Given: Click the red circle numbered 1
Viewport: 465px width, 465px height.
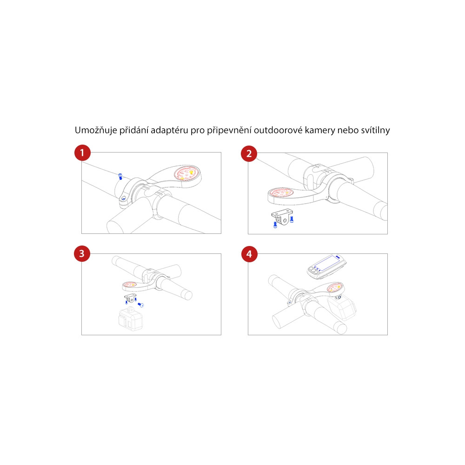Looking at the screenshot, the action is pyautogui.click(x=82, y=153).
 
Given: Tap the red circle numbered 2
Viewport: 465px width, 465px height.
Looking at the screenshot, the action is pyautogui.click(x=249, y=153).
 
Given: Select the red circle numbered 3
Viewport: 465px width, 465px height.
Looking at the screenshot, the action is pyautogui.click(x=82, y=253).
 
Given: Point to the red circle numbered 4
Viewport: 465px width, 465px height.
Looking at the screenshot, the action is pyautogui.click(x=249, y=254).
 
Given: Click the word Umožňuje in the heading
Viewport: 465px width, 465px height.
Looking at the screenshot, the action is pyautogui.click(x=96, y=130).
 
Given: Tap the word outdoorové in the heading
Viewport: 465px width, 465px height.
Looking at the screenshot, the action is pyautogui.click(x=278, y=130).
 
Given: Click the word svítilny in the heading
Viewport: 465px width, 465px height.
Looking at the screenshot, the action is pyautogui.click(x=375, y=130).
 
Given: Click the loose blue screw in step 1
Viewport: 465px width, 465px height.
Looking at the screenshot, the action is pyautogui.click(x=120, y=176).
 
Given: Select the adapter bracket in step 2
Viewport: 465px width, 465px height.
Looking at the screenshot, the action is pyautogui.click(x=282, y=217).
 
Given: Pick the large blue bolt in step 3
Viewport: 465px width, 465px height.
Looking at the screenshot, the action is pyautogui.click(x=140, y=305).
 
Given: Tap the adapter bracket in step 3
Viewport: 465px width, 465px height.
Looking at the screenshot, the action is pyautogui.click(x=130, y=298).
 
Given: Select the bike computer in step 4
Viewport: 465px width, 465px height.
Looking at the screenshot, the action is pyautogui.click(x=326, y=267).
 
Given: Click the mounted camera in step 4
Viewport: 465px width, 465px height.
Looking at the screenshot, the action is pyautogui.click(x=342, y=308).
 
